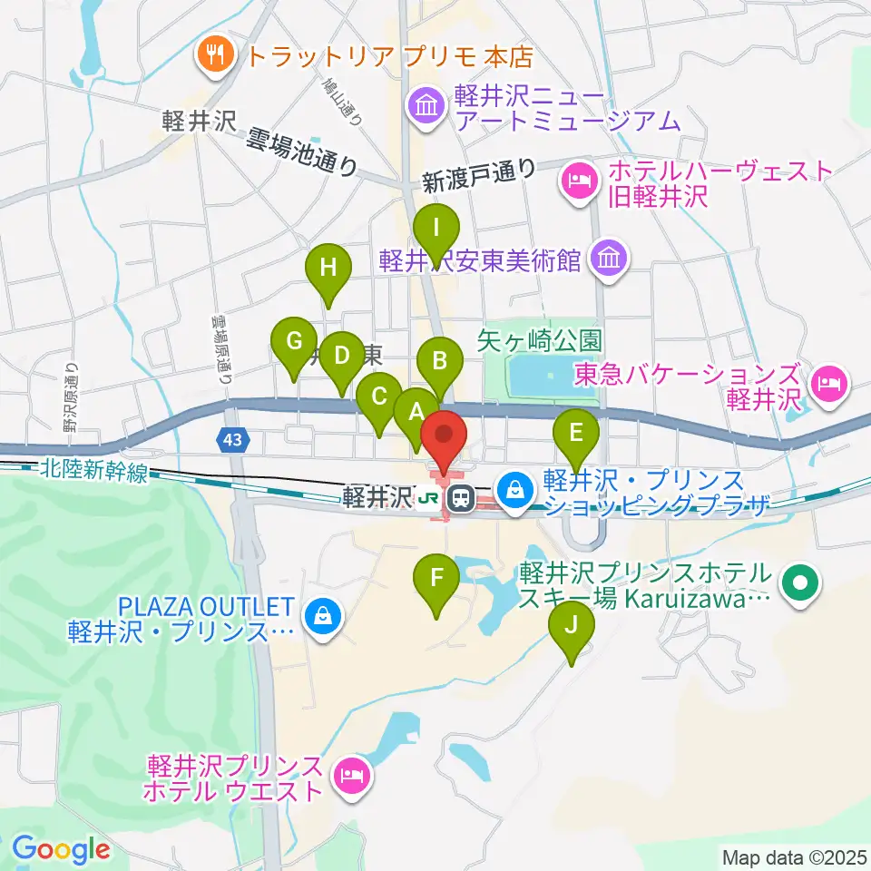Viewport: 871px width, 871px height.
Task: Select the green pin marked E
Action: pyautogui.click(x=574, y=433)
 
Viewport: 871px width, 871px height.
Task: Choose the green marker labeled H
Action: pyautogui.click(x=328, y=269)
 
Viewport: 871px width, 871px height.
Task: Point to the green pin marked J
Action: pyautogui.click(x=572, y=625)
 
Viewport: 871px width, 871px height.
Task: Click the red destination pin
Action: pyautogui.click(x=445, y=435)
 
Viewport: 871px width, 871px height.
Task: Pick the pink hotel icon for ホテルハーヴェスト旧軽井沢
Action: pyautogui.click(x=578, y=181)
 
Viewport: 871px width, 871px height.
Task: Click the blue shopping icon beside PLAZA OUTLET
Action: pyautogui.click(x=321, y=617)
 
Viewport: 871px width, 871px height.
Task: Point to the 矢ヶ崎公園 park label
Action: pyautogui.click(x=540, y=340)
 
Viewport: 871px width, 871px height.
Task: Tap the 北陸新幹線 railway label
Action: pyautogui.click(x=93, y=471)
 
